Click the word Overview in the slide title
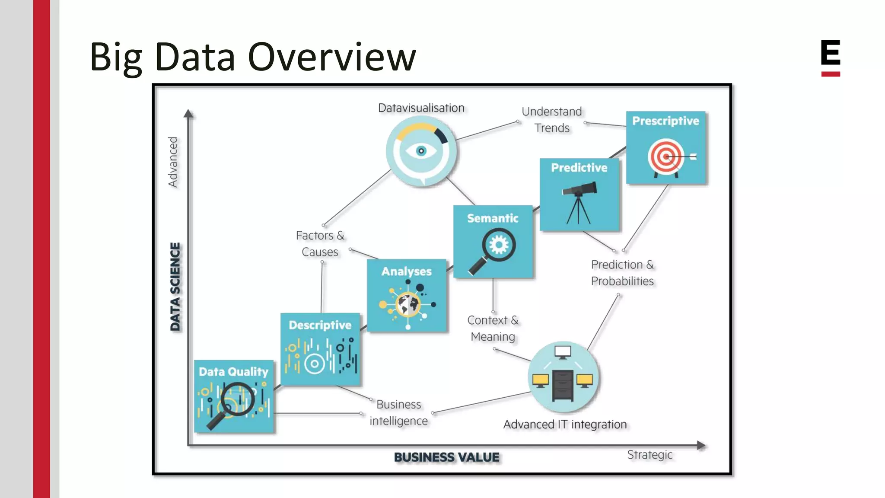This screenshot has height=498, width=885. click(x=332, y=57)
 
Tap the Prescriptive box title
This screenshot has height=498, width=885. click(x=665, y=121)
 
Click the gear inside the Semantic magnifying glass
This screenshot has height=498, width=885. click(x=499, y=245)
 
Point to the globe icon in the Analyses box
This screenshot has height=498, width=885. click(x=408, y=305)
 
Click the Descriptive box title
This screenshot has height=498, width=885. click(x=320, y=325)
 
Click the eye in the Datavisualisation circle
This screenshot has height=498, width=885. click(x=421, y=151)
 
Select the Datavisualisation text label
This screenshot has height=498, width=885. click(x=421, y=108)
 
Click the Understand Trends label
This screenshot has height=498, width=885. click(x=552, y=120)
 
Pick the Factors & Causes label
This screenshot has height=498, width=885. click(x=320, y=243)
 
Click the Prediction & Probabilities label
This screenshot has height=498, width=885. click(x=622, y=273)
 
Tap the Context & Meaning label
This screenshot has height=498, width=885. click(x=493, y=328)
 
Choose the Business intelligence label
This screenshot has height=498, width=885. click(x=398, y=412)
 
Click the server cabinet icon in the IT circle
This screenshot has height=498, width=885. click(x=562, y=386)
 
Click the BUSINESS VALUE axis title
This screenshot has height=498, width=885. click(x=446, y=457)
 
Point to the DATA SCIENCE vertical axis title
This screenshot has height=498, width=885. click(x=175, y=287)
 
